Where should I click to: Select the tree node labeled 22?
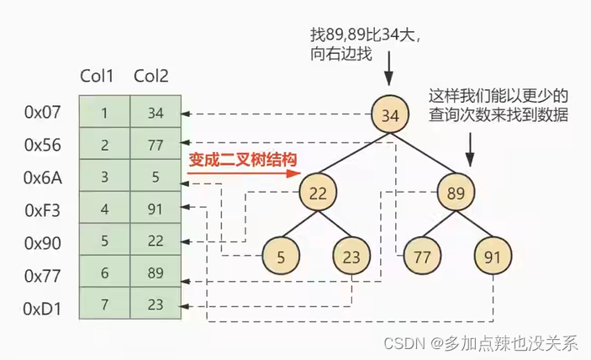(x=317, y=193)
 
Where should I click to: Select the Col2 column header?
(x=152, y=76)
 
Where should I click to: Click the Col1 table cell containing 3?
(x=105, y=177)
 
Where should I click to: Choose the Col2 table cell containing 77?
(x=156, y=145)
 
